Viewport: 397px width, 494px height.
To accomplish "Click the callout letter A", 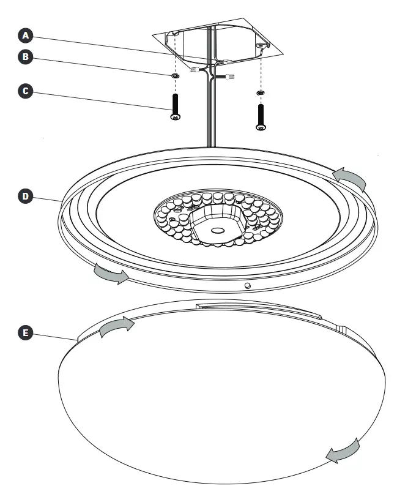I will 25,35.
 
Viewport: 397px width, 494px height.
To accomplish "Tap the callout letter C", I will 25,91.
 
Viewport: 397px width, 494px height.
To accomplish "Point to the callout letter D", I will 25,196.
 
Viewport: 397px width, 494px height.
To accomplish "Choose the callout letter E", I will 25,332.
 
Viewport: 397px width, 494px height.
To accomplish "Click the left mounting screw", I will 175,105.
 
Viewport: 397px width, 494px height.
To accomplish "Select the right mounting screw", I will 261,116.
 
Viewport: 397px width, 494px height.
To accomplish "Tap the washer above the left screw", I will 175,76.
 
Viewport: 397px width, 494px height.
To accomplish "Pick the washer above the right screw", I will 260,92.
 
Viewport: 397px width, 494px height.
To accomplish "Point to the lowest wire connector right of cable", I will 231,77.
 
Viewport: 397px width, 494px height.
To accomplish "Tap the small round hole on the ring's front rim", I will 247,285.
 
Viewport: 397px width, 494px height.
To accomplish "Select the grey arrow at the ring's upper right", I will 351,178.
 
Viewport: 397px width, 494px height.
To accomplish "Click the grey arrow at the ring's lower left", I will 111,274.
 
